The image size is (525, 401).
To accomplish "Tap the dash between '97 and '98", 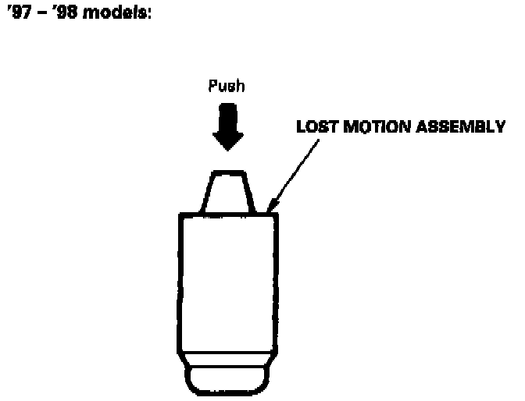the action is tap(39, 16).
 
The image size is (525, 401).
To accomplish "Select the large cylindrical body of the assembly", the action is tap(229, 281).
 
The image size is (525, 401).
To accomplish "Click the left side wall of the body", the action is tap(181, 281).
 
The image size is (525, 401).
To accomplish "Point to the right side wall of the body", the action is tap(277, 281).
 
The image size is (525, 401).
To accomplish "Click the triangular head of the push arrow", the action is tap(228, 141).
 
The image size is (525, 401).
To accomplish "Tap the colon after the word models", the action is tap(146, 16).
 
